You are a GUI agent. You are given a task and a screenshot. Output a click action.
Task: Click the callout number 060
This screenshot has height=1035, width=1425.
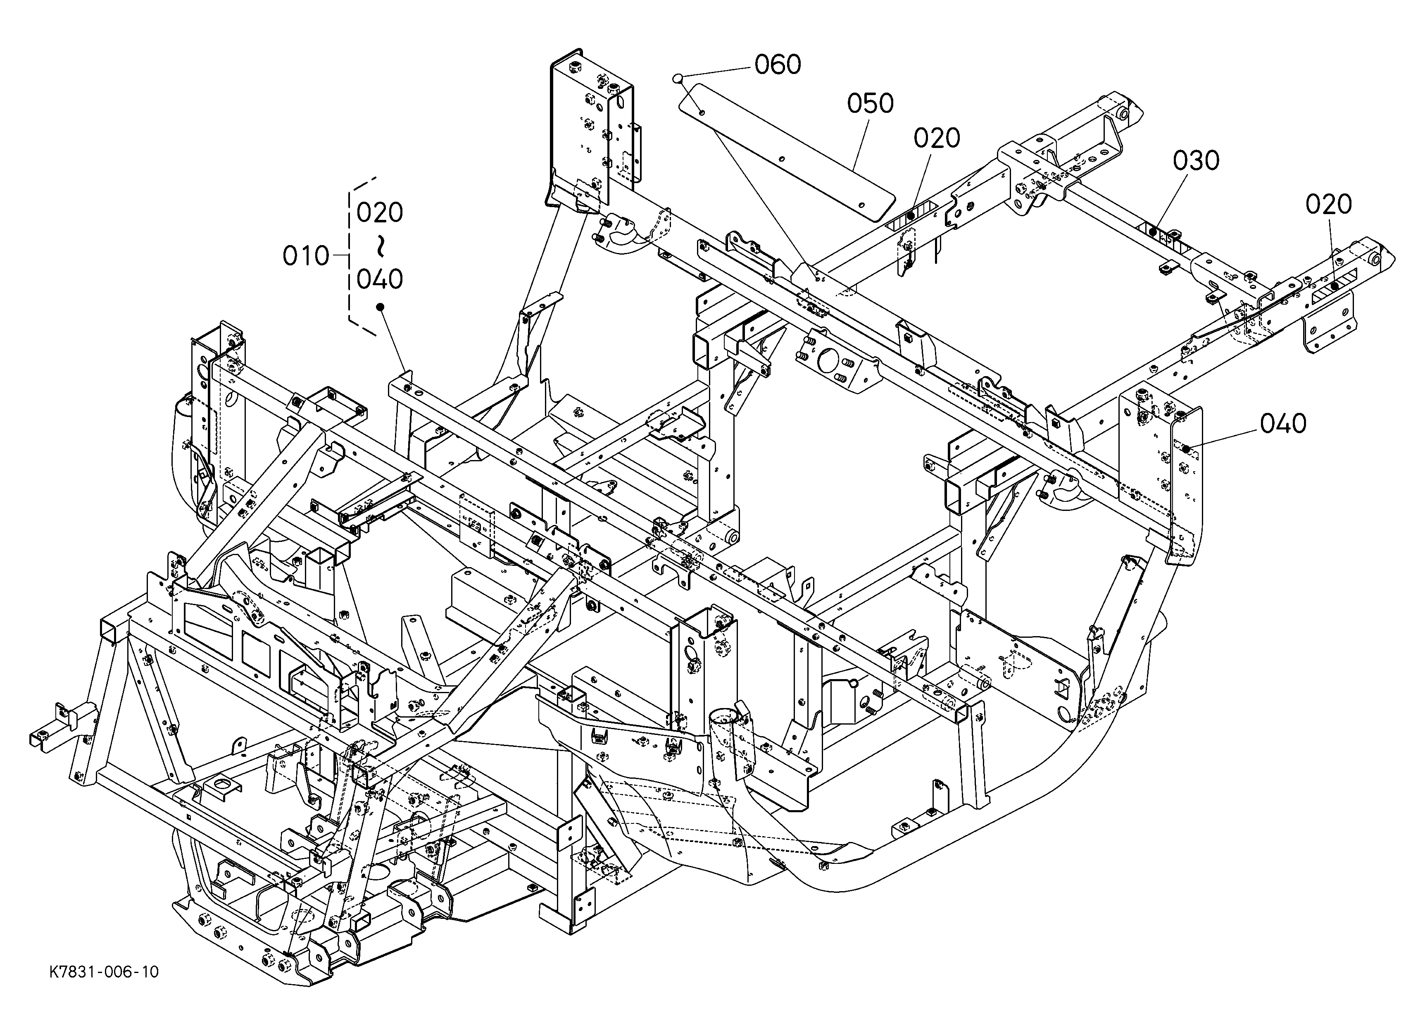[778, 65]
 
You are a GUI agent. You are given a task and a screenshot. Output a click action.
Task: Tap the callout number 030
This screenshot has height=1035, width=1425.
[1196, 161]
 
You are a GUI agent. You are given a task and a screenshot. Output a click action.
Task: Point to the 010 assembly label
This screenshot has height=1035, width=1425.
[306, 256]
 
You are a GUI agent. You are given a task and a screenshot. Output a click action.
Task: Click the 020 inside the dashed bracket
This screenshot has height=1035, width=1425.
[380, 213]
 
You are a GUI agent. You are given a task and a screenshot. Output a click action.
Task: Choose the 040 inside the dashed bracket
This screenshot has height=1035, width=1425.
[380, 279]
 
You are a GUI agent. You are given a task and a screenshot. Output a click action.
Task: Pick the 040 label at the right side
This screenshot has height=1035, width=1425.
[1283, 424]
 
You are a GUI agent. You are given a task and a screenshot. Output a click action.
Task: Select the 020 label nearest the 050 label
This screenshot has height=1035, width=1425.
[937, 138]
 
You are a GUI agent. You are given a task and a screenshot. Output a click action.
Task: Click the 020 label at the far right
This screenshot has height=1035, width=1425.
[1329, 204]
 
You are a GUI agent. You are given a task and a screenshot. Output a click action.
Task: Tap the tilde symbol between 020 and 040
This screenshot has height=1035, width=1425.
[380, 246]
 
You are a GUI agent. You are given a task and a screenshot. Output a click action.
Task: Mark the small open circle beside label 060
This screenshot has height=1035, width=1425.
[677, 79]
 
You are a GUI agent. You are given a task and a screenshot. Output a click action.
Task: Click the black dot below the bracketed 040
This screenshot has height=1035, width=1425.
[380, 307]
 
